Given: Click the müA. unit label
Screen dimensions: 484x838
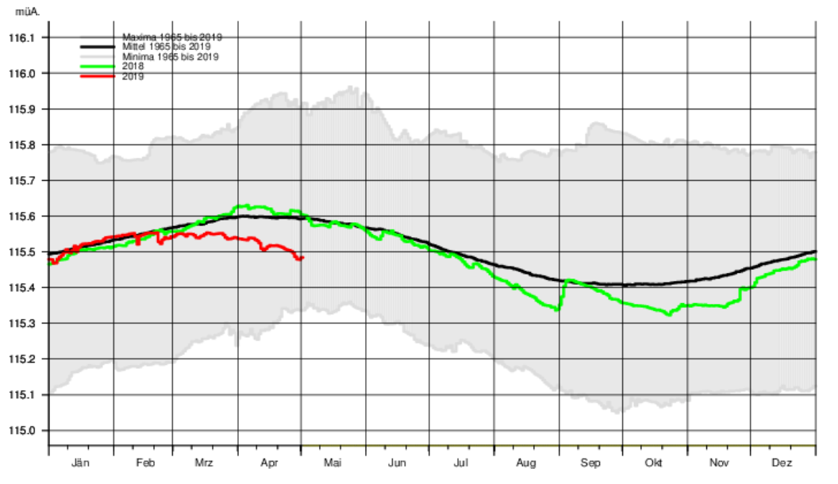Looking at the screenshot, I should click(x=27, y=12).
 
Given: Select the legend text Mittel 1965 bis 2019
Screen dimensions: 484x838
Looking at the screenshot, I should click(x=171, y=47).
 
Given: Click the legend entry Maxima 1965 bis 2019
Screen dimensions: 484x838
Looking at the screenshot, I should click(x=171, y=37).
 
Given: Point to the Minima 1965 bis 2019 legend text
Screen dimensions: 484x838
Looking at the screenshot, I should click(x=170, y=57).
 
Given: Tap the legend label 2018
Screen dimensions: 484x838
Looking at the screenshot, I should click(x=133, y=67).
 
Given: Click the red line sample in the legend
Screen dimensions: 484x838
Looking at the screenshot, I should click(x=98, y=77).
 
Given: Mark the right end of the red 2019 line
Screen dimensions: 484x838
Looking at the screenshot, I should click(x=303, y=257).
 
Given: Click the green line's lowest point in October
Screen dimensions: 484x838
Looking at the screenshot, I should click(x=669, y=314).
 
